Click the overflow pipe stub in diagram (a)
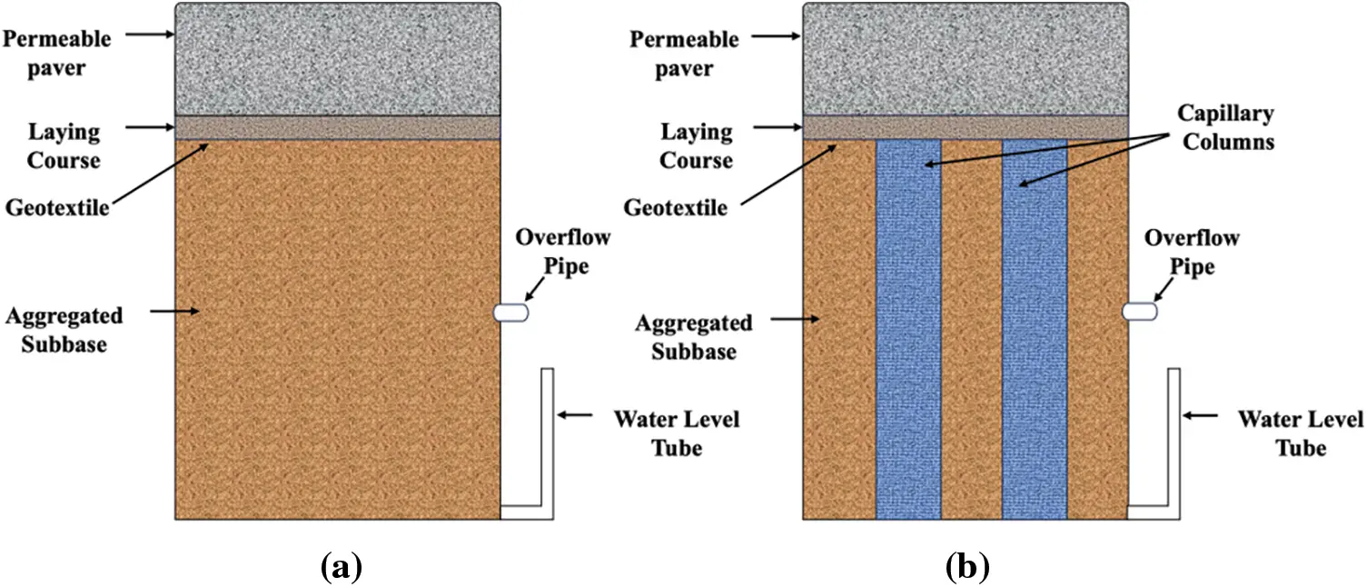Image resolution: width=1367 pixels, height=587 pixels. (510, 312)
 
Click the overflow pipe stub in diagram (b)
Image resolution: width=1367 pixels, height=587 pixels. (1139, 312)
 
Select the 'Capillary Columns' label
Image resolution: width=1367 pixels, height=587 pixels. (1225, 128)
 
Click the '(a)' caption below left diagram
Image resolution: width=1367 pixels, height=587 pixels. (342, 568)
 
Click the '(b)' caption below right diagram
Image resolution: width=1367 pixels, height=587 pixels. (966, 568)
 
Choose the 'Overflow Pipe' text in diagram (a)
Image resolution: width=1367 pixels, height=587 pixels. (563, 252)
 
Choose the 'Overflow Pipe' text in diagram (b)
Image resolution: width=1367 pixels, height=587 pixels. (1192, 252)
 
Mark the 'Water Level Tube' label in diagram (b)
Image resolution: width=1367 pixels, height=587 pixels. (1301, 433)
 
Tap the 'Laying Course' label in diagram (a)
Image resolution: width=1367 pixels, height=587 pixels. (63, 146)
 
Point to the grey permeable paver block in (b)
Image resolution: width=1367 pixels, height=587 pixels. (965, 59)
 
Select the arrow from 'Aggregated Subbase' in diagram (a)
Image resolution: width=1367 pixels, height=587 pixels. (175, 312)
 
